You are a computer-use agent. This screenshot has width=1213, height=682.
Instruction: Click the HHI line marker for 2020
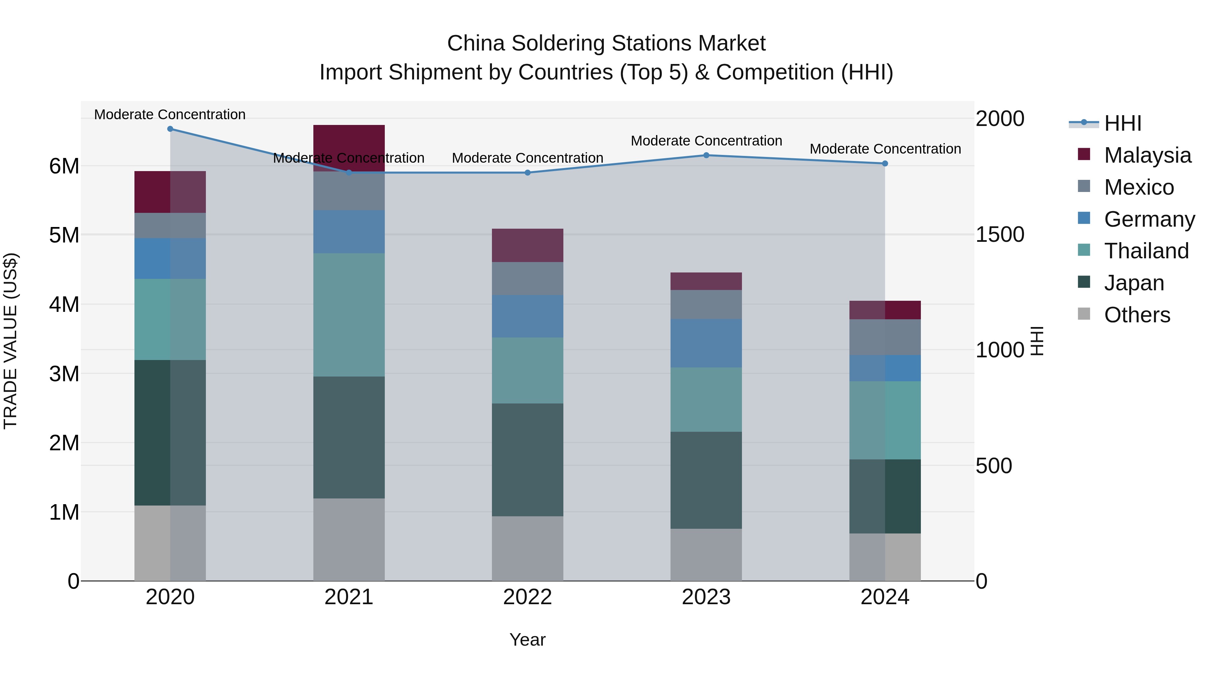[x=170, y=129]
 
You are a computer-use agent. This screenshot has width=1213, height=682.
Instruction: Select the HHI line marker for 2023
[x=706, y=155]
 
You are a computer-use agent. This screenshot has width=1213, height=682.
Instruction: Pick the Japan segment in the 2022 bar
[x=527, y=460]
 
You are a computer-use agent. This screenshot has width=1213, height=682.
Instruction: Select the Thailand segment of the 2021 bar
[x=349, y=315]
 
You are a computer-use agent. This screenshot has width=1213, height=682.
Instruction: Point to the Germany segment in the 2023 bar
[x=706, y=343]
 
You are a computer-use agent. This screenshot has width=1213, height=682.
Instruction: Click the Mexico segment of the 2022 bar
[x=527, y=279]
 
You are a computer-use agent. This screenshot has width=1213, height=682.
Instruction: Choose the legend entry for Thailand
[x=1146, y=251]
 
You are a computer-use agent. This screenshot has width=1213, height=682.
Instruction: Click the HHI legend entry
[x=1123, y=123]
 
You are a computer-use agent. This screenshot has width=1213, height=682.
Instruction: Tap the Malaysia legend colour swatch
[x=1084, y=154]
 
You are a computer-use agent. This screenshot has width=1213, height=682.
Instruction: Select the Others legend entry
[x=1137, y=315]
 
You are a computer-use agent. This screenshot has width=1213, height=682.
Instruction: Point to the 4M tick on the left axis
[x=64, y=304]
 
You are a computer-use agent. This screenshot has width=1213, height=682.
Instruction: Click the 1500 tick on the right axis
[x=999, y=234]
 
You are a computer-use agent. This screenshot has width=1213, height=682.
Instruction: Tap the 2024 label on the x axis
[x=885, y=597]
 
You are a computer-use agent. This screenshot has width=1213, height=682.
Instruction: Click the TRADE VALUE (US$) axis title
[x=11, y=341]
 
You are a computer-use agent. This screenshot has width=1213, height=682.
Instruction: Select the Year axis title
[x=527, y=640]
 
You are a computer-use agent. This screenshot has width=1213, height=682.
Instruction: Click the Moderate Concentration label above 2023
[x=706, y=141]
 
